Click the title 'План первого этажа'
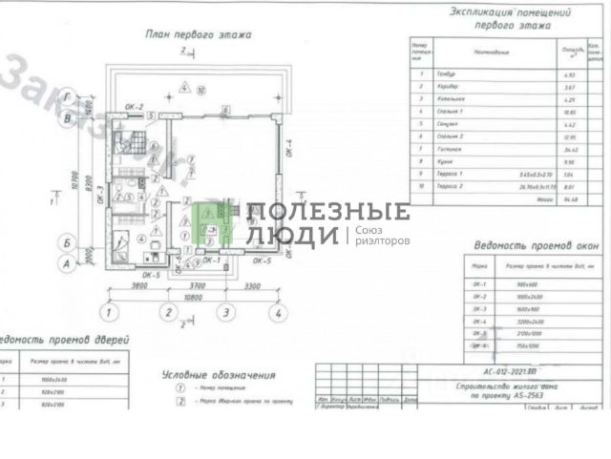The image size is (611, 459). tap(198, 36)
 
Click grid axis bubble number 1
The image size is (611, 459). tap(111, 312)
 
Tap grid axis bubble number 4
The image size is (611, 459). tap(277, 312)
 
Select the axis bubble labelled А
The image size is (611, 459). tap(66, 260)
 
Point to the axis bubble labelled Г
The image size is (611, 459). tap(66, 96)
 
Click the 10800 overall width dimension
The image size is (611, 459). tap(196, 298)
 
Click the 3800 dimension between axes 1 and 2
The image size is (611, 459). tap(140, 285)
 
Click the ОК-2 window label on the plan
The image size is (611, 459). tap(134, 107)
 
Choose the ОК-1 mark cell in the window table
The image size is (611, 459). tap(481, 284)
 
